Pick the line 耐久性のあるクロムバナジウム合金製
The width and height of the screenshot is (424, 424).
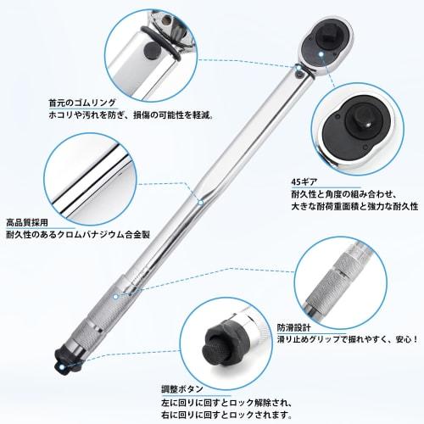(x=87, y=233)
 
